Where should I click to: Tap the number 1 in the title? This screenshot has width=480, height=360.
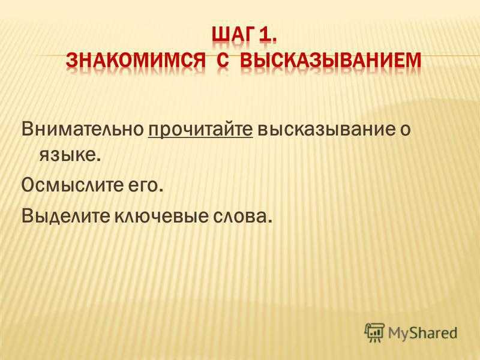[268, 37]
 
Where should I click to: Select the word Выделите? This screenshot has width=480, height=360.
[65, 217]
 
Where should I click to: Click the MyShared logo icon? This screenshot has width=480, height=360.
[374, 333]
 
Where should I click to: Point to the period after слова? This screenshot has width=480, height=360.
[269, 221]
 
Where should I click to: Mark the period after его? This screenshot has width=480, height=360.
[160, 191]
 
